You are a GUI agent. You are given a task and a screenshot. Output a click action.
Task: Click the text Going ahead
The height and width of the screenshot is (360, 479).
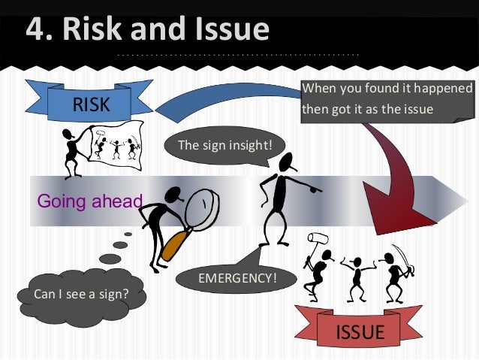pos(89,201)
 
